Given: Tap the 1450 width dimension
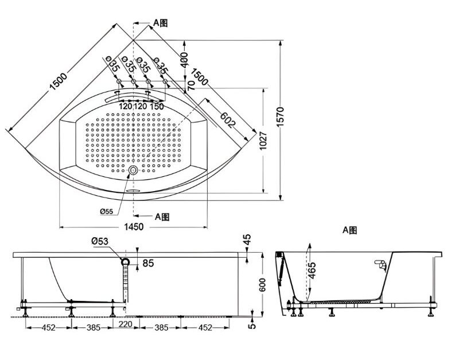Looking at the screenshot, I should pos(133,227).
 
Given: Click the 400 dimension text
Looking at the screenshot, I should pos(184,60).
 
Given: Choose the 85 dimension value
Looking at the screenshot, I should pos(147,264).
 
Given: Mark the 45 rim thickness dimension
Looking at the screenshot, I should pos(247,240).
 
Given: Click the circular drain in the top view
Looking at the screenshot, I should pos(133,171).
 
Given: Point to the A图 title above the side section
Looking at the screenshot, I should pos(350,230).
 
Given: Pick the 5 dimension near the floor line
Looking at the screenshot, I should pos(251,327).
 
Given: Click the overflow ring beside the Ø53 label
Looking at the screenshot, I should pos(125,261).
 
